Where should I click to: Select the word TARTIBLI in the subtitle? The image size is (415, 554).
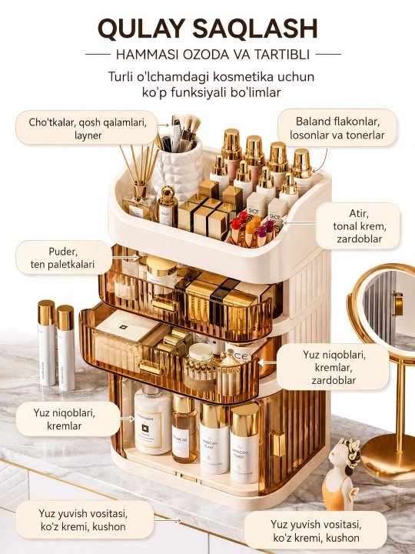pos(281,55)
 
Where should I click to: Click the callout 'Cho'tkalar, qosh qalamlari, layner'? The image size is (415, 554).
pos(88,128)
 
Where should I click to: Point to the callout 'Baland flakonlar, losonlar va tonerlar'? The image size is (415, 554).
pos(337,128)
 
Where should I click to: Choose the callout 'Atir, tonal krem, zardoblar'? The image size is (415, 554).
pos(359,225)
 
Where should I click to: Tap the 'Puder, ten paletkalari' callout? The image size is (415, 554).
pos(63,258)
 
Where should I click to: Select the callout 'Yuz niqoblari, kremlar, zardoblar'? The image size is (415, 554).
pos(333,367)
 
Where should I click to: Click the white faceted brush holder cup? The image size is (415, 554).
pos(178,169)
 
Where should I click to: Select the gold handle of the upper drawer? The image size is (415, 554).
pos(164,304)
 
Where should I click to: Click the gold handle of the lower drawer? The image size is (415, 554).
pos(151,368)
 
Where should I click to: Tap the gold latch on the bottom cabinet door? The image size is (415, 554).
pos(278,444)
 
